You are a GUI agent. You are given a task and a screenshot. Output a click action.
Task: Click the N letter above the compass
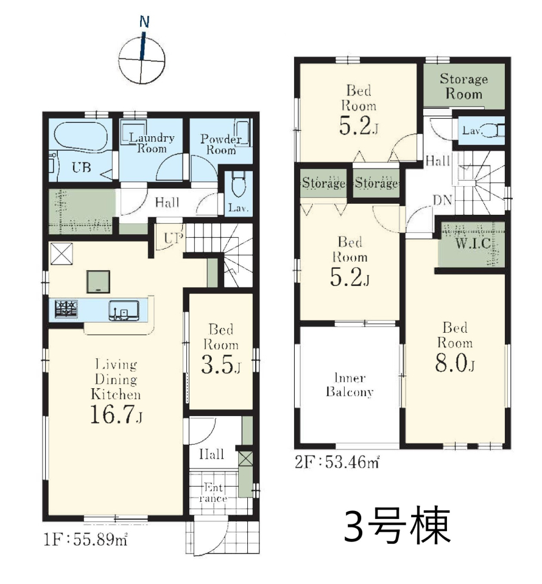point(144,22)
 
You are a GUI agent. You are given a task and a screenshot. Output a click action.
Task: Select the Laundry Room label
point(152,143)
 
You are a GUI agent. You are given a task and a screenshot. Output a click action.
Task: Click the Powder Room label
point(220,145)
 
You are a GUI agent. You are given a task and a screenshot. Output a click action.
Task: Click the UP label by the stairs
point(174,238)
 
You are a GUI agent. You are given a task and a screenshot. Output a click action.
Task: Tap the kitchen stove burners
point(66,309)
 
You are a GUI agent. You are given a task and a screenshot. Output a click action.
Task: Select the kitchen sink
point(124,310)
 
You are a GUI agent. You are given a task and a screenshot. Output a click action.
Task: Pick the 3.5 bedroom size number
point(220,364)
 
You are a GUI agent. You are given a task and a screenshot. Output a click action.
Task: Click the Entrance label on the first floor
point(213,493)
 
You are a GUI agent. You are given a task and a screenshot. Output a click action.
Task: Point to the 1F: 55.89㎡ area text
point(86,539)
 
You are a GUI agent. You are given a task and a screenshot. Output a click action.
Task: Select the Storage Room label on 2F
point(463,86)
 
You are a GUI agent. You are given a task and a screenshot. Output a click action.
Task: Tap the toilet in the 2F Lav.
point(492,131)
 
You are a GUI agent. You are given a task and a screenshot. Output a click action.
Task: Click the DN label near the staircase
point(443,200)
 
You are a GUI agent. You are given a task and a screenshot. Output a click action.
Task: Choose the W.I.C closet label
point(473,243)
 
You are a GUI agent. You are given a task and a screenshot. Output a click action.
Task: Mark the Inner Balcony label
point(350,385)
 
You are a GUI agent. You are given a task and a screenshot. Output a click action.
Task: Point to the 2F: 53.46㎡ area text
point(337,462)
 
